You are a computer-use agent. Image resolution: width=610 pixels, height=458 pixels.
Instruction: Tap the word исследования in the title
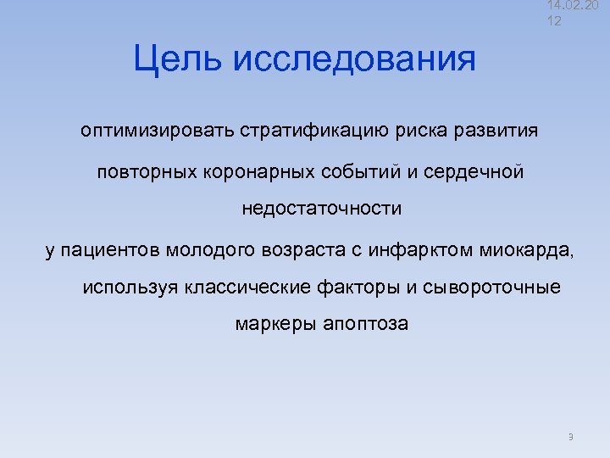click(354, 59)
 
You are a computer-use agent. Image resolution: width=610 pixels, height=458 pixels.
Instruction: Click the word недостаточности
click(322, 209)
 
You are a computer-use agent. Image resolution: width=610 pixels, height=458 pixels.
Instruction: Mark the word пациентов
click(113, 250)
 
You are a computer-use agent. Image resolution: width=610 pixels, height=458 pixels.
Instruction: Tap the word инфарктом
click(403, 250)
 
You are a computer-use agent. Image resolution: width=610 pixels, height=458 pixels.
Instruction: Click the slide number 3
click(571, 437)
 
